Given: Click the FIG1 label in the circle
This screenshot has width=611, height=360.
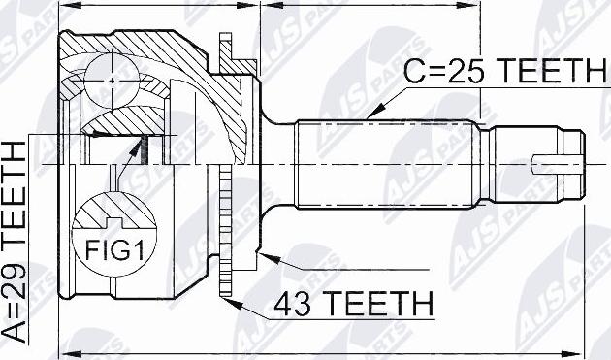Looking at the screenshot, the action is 114,250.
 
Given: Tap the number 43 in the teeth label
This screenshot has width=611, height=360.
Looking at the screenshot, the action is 293,303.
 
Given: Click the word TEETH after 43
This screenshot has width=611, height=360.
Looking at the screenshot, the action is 378,303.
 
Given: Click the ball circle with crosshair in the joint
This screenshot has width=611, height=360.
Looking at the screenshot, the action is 112,81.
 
